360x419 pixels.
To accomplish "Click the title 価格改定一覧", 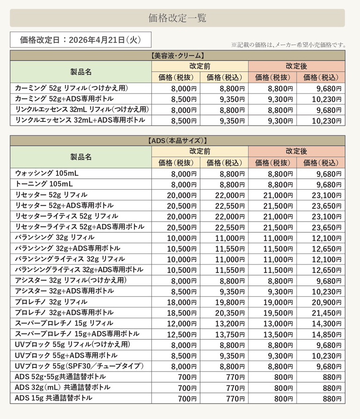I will tap(177, 18).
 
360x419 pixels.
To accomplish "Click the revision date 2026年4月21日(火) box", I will tap(80, 40).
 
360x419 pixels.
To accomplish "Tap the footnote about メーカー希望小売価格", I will tap(288, 45).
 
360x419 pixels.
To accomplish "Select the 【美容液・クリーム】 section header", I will tap(177, 56).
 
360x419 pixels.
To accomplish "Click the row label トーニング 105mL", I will tap(44, 184).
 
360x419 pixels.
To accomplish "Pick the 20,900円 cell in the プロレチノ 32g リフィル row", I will tap(322, 302).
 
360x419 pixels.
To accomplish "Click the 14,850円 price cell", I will tap(322, 334).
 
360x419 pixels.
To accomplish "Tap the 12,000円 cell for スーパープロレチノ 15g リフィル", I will tap(177, 323).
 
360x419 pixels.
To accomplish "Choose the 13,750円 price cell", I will tap(225, 334).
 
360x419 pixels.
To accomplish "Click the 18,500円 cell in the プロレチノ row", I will tap(177, 313).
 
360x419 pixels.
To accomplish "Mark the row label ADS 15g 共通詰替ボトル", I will tap(54, 398).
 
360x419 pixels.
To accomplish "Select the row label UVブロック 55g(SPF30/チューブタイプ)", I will tap(79, 365).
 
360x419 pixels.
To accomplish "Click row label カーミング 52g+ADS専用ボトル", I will tap(64, 99).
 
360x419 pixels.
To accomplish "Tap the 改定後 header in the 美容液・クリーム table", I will tap(296, 66).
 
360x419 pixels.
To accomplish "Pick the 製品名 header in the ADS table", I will tap(81, 157).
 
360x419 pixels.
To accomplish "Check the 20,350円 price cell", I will tap(225, 313).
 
